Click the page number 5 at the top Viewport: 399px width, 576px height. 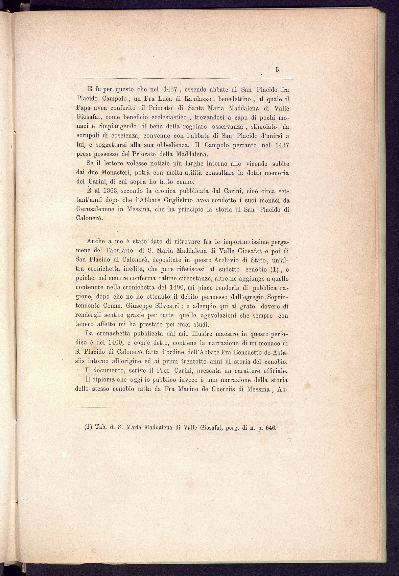coord(277,70)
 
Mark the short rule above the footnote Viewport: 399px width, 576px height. coord(94,407)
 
